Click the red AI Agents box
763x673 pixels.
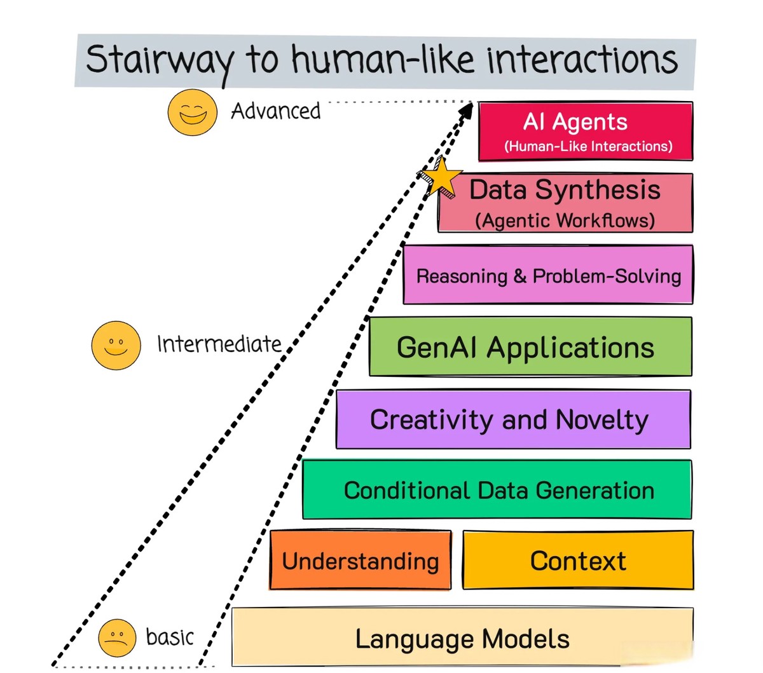point(586,131)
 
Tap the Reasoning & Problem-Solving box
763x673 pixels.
point(548,276)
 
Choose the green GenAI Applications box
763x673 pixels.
point(530,347)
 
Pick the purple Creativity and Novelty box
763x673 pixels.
point(513,419)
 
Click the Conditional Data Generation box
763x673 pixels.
point(497,490)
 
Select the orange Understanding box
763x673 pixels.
point(361,561)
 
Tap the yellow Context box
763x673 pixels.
point(578,561)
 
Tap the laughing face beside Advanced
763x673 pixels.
point(192,112)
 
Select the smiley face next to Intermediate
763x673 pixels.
point(116,345)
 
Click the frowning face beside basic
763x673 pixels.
point(117,637)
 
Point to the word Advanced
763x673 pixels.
point(275,111)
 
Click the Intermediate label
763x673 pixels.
point(219,344)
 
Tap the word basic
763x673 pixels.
point(169,637)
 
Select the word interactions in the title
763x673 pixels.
point(581,60)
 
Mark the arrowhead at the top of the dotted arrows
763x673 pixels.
point(466,110)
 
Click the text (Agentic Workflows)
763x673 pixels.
point(565,221)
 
